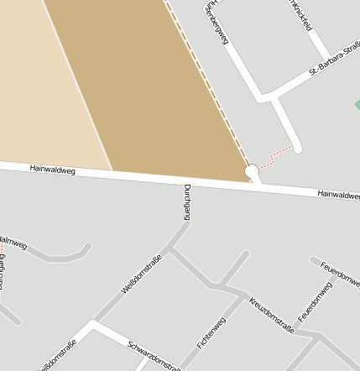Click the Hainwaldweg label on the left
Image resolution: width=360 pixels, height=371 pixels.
point(53,170)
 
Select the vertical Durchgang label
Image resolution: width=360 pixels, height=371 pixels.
point(186,201)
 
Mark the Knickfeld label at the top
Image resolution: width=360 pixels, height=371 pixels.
point(300,15)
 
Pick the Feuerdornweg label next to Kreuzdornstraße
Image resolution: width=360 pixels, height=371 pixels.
point(316,302)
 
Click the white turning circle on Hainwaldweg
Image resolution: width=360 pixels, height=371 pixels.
point(251,172)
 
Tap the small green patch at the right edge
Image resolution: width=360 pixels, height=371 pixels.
point(357,105)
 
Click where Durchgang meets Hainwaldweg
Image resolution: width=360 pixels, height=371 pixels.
point(185,183)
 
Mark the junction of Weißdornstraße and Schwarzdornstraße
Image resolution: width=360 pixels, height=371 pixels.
point(92,326)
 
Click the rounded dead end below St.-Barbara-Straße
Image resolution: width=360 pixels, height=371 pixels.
point(295,148)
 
